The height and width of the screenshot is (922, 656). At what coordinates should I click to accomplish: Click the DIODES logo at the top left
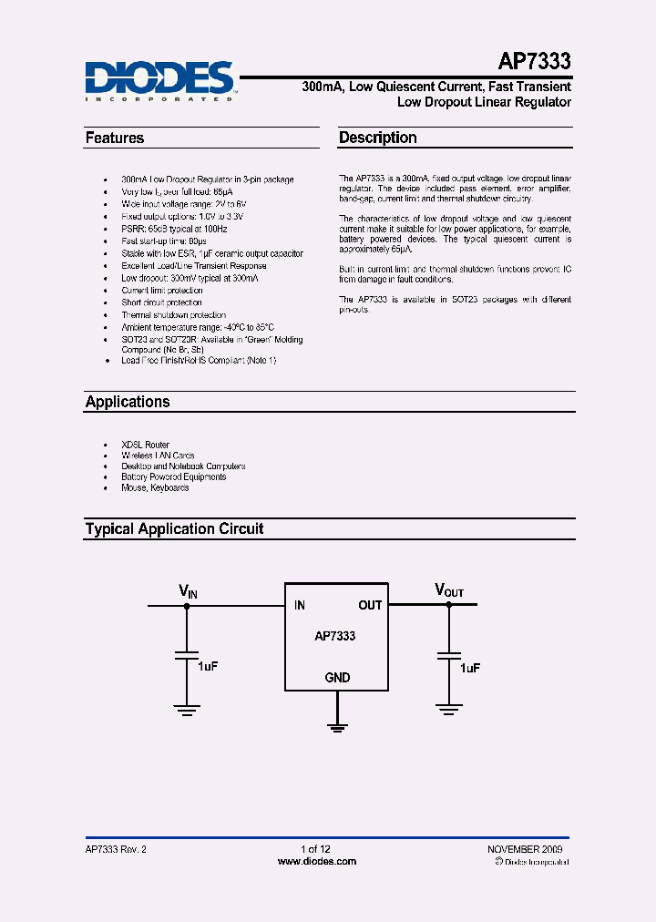(160, 79)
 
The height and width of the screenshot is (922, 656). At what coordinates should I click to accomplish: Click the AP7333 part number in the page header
(535, 62)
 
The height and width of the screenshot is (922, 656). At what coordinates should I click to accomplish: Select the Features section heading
(115, 138)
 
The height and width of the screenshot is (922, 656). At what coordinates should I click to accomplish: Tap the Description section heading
(378, 138)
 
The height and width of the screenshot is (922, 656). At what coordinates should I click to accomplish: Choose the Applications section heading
(128, 402)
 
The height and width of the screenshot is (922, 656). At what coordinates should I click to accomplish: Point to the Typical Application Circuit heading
(174, 528)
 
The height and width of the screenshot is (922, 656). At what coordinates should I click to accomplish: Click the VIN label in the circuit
(188, 593)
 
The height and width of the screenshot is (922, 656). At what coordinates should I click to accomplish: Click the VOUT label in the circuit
(449, 592)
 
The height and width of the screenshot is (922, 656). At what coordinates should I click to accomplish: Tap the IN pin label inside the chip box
(300, 605)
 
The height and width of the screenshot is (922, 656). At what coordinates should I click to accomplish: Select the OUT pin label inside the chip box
(370, 605)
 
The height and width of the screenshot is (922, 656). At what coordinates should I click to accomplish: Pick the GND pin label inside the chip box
(337, 678)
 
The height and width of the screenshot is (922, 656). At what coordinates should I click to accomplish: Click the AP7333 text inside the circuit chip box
(335, 637)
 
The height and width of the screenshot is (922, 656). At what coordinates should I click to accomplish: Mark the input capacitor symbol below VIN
(188, 655)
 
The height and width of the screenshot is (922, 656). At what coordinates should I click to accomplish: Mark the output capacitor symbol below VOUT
(448, 655)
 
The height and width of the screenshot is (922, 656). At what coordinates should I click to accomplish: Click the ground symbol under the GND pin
(337, 725)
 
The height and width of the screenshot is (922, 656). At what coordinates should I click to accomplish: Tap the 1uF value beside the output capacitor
(470, 669)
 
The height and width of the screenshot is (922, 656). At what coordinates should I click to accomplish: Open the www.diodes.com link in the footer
(315, 861)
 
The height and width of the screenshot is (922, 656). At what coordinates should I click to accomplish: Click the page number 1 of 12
(315, 849)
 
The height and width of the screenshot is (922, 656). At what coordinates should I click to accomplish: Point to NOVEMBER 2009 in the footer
(526, 849)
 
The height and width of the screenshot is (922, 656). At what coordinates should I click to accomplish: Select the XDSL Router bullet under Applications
(146, 445)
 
